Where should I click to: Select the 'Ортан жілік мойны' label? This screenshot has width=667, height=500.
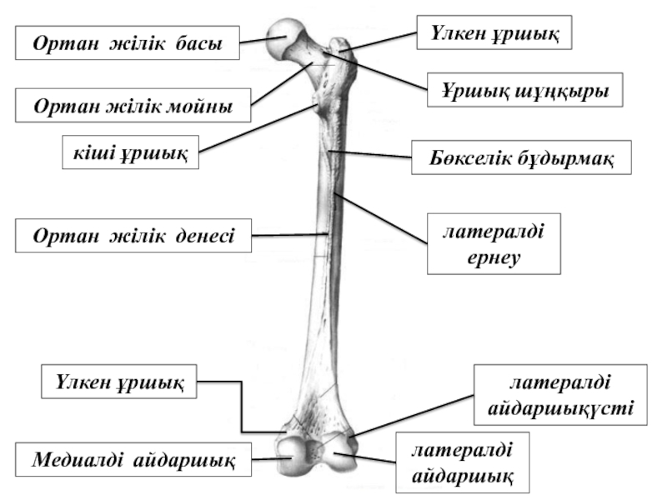click(x=133, y=106)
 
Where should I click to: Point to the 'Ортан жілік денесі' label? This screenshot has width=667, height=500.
click(x=134, y=235)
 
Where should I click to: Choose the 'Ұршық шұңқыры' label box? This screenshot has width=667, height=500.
click(x=526, y=90)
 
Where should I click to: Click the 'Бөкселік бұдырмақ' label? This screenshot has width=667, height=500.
click(x=521, y=157)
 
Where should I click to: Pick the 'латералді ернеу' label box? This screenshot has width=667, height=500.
click(x=493, y=243)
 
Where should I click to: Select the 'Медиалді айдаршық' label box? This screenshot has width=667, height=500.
click(x=133, y=458)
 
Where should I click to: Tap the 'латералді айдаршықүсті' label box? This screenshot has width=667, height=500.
click(x=561, y=396)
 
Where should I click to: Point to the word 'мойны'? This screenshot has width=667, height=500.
click(x=201, y=106)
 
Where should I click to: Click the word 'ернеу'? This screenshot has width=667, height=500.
click(x=493, y=258)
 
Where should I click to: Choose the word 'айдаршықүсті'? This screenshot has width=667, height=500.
click(x=561, y=409)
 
